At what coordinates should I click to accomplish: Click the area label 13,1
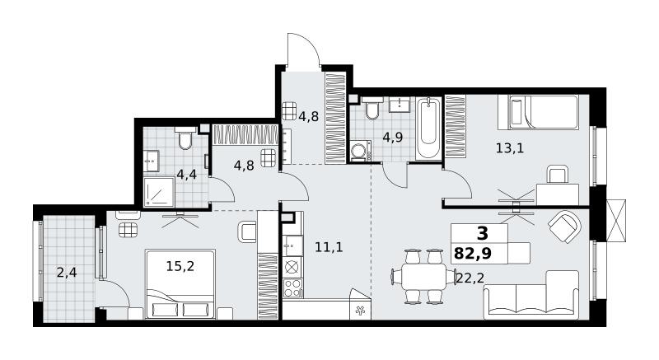pyautogui.click(x=510, y=148)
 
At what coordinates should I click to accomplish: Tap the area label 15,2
pyautogui.click(x=180, y=266)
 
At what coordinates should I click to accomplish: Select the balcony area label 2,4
pyautogui.click(x=67, y=273)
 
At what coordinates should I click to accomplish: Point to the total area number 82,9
pyautogui.click(x=473, y=254)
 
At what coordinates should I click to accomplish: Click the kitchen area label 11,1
pyautogui.click(x=329, y=247)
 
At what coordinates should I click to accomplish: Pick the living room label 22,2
pyautogui.click(x=470, y=278)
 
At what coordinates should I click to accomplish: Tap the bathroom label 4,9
pyautogui.click(x=393, y=138)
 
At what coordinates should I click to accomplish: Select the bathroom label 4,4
pyautogui.click(x=187, y=175)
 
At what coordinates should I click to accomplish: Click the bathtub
pyautogui.click(x=428, y=128)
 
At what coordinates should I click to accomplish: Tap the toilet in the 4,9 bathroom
pyautogui.click(x=372, y=108)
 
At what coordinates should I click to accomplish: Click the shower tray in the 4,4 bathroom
pyautogui.click(x=159, y=192)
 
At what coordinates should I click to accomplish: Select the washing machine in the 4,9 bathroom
pyautogui.click(x=360, y=152)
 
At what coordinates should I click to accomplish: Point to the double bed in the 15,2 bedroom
pyautogui.click(x=180, y=284)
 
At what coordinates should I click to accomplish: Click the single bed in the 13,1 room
pyautogui.click(x=539, y=112)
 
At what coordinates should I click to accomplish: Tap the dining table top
pyautogui.click(x=423, y=277)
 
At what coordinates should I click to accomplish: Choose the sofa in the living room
pyautogui.click(x=531, y=295)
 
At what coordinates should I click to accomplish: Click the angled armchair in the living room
pyautogui.click(x=565, y=227)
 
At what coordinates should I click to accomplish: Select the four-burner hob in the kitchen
pyautogui.click(x=292, y=288)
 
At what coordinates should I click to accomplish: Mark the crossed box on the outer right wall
pyautogui.click(x=616, y=221)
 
